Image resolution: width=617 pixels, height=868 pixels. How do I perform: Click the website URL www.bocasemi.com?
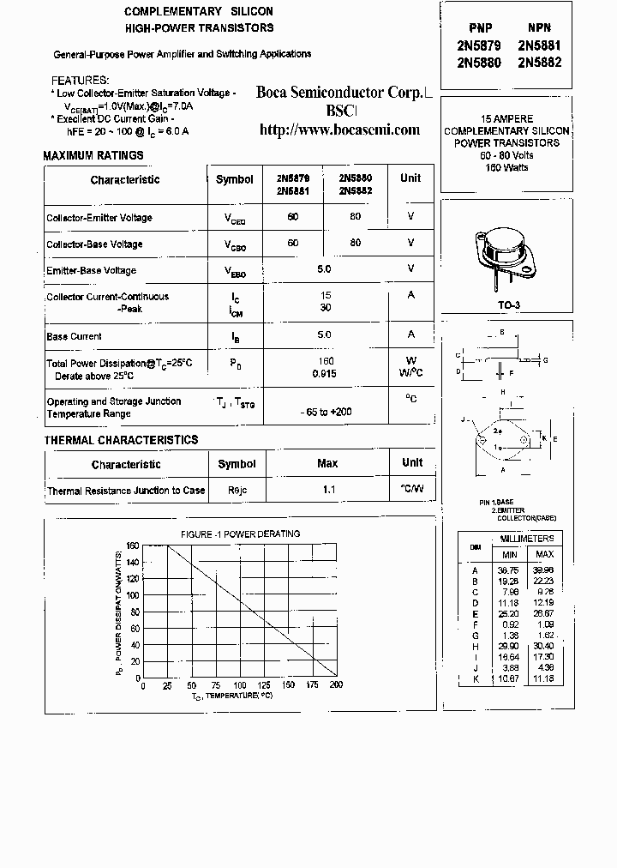coord(339,130)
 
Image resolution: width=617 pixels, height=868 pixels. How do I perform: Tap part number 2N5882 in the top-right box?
coord(539,63)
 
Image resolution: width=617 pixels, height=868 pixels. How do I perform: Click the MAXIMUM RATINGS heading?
coord(93,156)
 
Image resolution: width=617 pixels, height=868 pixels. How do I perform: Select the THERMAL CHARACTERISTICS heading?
coord(121,440)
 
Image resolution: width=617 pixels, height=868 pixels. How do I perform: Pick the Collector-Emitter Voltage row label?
coord(99,218)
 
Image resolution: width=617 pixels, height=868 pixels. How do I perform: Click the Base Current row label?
coord(75,336)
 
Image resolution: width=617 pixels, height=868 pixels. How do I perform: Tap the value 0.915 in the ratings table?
coord(325,374)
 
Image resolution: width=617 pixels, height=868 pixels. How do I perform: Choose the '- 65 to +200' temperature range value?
coord(326,412)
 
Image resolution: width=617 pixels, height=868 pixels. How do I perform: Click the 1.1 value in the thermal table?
coord(328,491)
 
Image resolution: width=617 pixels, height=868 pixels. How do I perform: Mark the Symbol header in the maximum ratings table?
coord(235,180)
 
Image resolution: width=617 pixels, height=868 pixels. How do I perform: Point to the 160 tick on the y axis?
coord(132,546)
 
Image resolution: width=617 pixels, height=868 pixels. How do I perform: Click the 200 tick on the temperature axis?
coord(336,686)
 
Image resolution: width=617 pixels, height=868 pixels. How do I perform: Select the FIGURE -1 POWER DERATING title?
coord(240,534)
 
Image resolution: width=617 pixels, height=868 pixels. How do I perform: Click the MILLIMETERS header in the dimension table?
coord(526,539)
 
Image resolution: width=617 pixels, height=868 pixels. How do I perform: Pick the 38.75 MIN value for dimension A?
coord(509,570)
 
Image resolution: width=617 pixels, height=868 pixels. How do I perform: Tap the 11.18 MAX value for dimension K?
coord(544,678)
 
